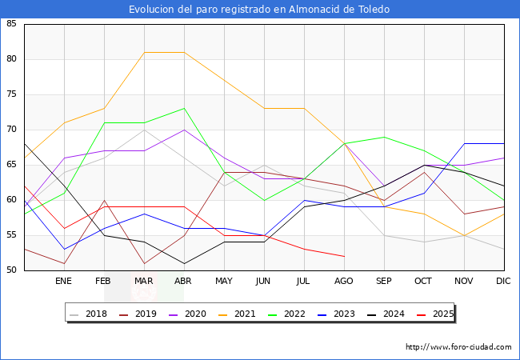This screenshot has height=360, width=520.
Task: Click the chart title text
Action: tap(260, 10)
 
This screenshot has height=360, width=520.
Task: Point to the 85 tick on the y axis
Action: tap(12, 24)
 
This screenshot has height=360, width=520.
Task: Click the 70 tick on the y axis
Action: tap(12, 130)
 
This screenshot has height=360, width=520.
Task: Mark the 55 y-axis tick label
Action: tap(12, 235)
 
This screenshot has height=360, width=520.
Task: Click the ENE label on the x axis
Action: tap(64, 282)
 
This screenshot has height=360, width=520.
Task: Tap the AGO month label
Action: tap(344, 282)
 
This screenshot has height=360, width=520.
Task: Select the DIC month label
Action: tap(503, 282)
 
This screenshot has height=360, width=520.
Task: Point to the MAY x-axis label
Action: tap(224, 282)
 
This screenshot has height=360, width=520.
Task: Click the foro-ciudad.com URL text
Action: tap(458, 347)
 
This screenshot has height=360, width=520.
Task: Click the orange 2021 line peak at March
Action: tap(144, 53)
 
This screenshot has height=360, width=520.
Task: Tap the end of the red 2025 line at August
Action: tap(344, 256)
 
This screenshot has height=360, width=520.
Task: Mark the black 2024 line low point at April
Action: tap(184, 263)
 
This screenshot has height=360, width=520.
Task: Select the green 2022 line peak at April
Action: tap(184, 109)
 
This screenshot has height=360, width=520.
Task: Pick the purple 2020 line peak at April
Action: tap(184, 130)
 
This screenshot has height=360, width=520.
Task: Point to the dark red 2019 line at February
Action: tap(104, 200)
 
